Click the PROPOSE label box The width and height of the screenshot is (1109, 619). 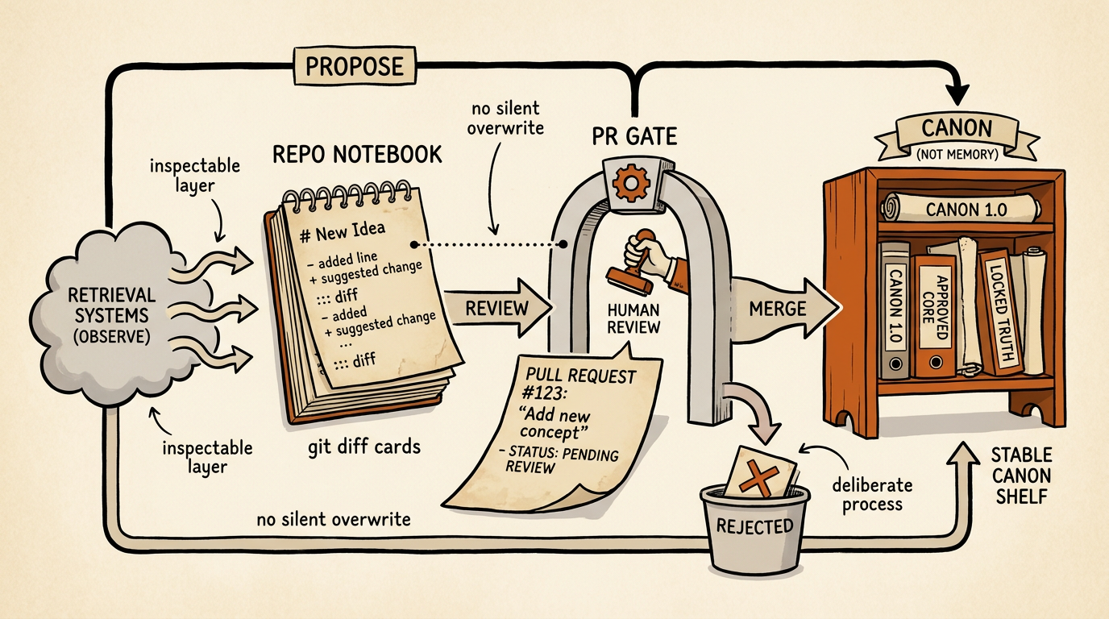355,66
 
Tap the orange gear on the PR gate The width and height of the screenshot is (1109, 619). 631,183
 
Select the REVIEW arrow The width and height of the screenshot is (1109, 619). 497,308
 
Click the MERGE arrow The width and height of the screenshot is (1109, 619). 785,309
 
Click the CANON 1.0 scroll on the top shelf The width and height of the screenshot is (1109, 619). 961,209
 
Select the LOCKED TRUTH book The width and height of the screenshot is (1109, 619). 1001,312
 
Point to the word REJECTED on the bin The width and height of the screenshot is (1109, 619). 754,526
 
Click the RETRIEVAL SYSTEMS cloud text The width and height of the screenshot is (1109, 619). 112,315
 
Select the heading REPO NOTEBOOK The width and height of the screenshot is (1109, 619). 357,155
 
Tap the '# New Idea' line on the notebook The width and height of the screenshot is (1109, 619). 343,232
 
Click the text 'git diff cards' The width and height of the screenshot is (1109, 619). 364,447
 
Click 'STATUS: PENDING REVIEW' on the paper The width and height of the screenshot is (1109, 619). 559,459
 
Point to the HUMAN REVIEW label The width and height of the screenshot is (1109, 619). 633,318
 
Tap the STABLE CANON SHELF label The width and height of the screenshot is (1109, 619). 1021,476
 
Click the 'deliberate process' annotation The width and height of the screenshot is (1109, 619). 872,495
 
